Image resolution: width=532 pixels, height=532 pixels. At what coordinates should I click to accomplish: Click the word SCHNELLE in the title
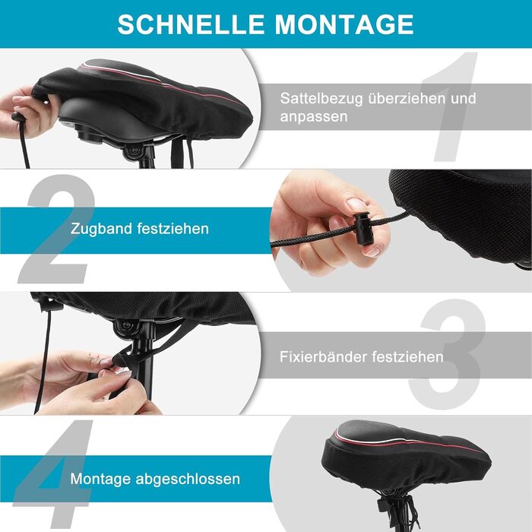(x=191, y=24)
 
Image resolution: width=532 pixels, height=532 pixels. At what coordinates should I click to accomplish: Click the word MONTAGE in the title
(x=344, y=24)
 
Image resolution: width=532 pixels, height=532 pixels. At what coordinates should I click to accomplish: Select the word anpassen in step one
(x=314, y=117)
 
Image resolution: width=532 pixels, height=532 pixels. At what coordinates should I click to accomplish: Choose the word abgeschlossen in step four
(x=188, y=479)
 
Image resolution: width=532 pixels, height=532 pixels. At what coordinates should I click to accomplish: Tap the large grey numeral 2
(x=57, y=229)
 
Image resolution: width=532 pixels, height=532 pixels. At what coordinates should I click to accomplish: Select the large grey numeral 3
(x=448, y=354)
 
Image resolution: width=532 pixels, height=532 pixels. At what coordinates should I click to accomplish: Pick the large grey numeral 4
(x=54, y=474)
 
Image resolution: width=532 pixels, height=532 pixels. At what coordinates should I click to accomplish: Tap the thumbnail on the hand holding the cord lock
(x=356, y=204)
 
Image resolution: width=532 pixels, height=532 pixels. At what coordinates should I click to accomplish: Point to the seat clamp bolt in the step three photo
(x=127, y=326)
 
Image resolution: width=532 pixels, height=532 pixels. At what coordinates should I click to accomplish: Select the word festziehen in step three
(x=407, y=356)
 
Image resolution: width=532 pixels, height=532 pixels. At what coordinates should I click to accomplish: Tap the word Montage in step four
(x=100, y=479)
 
